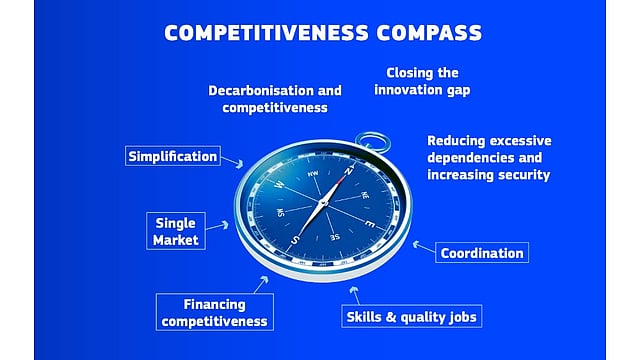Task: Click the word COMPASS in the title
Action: (427, 32)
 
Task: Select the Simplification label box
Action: (173, 156)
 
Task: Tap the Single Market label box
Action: (176, 231)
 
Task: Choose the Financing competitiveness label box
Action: (215, 312)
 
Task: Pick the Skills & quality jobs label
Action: (412, 317)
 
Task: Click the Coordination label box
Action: (482, 253)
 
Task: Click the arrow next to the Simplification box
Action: (234, 161)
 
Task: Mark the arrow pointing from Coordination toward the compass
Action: (423, 246)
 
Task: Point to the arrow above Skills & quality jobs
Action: (354, 292)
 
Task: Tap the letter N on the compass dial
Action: (350, 170)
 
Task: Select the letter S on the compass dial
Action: (295, 240)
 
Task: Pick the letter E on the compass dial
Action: (369, 223)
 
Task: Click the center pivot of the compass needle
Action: (323, 205)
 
